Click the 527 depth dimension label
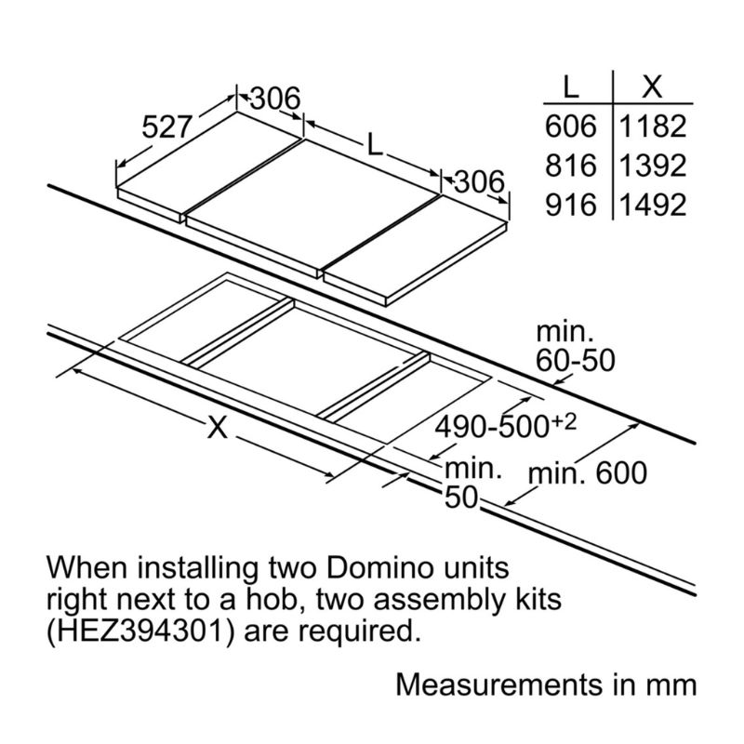pyautogui.click(x=166, y=127)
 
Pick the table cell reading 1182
pyautogui.click(x=653, y=126)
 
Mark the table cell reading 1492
pyautogui.click(x=653, y=204)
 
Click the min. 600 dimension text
pyautogui.click(x=587, y=473)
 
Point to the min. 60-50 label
pyautogui.click(x=576, y=346)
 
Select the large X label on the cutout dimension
pyautogui.click(x=217, y=428)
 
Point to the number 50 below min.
pyautogui.click(x=461, y=498)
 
